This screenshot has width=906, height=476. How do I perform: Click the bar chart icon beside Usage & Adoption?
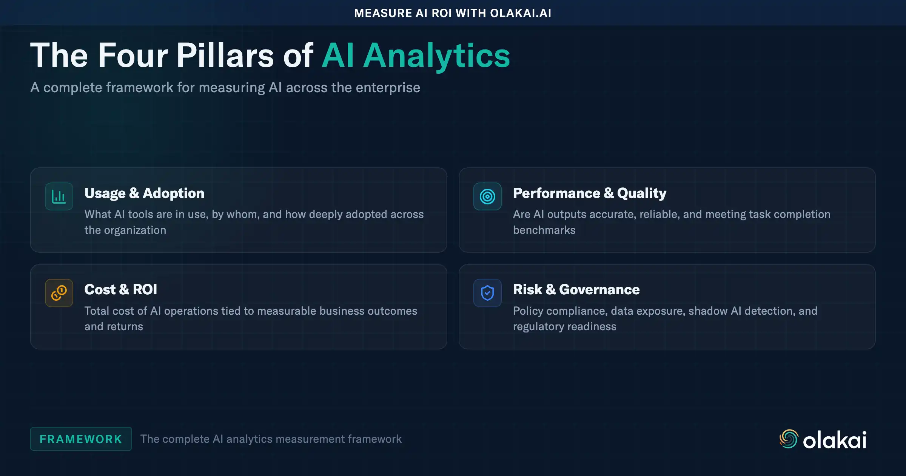tap(59, 196)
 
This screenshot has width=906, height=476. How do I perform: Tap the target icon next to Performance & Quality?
tap(487, 196)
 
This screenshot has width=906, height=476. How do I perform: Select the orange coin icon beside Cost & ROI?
tap(59, 293)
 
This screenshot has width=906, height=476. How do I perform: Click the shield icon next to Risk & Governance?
tap(487, 293)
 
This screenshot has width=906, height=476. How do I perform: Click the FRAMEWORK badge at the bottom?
tap(81, 439)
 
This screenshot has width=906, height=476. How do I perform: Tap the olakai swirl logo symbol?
tap(789, 439)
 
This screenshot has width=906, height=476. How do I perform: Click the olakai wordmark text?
tap(835, 440)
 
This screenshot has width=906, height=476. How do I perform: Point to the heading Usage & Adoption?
tap(144, 193)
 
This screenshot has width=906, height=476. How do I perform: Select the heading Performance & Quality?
tap(589, 193)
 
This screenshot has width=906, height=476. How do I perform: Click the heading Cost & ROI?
tap(120, 289)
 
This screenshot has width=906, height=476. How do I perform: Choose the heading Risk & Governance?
tap(576, 289)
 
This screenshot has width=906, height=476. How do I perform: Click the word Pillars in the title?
tap(225, 56)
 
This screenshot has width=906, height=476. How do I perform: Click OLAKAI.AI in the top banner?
tap(521, 13)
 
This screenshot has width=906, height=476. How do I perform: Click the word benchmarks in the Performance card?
tap(544, 230)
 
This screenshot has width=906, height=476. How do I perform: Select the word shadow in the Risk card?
tap(708, 311)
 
